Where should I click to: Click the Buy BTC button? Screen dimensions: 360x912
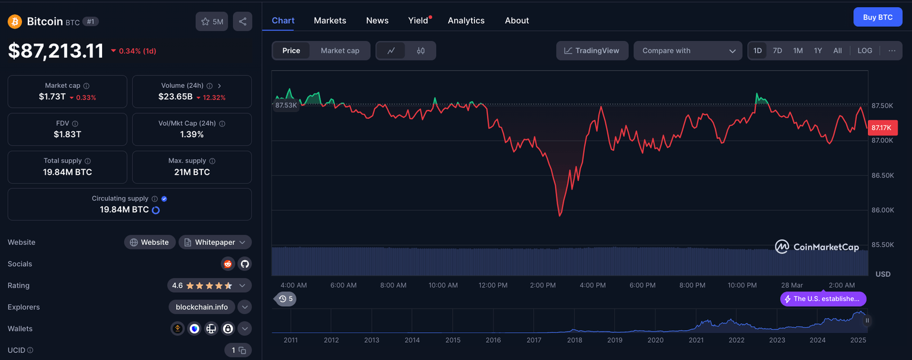[x=878, y=17]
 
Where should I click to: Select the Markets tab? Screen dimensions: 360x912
[x=330, y=20]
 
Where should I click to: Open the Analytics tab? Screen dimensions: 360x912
[x=466, y=20]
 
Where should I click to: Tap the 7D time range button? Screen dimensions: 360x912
[x=777, y=50]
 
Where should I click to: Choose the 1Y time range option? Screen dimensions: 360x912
[x=818, y=50]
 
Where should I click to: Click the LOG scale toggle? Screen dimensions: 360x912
[x=864, y=50]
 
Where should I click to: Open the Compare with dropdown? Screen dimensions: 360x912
[x=688, y=50]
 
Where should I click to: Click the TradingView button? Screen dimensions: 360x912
[x=591, y=50]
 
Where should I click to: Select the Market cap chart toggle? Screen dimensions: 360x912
[x=340, y=50]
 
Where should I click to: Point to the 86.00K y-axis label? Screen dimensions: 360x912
[x=882, y=210]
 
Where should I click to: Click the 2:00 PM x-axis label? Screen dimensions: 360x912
[x=543, y=285]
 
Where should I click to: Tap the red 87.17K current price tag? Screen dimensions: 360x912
[x=882, y=128]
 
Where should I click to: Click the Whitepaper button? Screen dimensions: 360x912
[x=215, y=242]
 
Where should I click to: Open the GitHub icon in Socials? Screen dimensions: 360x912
[x=245, y=264]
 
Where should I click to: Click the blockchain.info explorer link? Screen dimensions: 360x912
[x=202, y=307]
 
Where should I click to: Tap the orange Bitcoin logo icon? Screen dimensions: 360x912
[x=15, y=21]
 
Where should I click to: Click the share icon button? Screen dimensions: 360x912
[x=242, y=21]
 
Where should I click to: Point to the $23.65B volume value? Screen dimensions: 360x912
[x=175, y=97]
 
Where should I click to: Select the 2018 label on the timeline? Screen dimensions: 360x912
[x=574, y=340]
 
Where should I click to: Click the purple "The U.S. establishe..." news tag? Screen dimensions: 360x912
[x=823, y=299]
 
